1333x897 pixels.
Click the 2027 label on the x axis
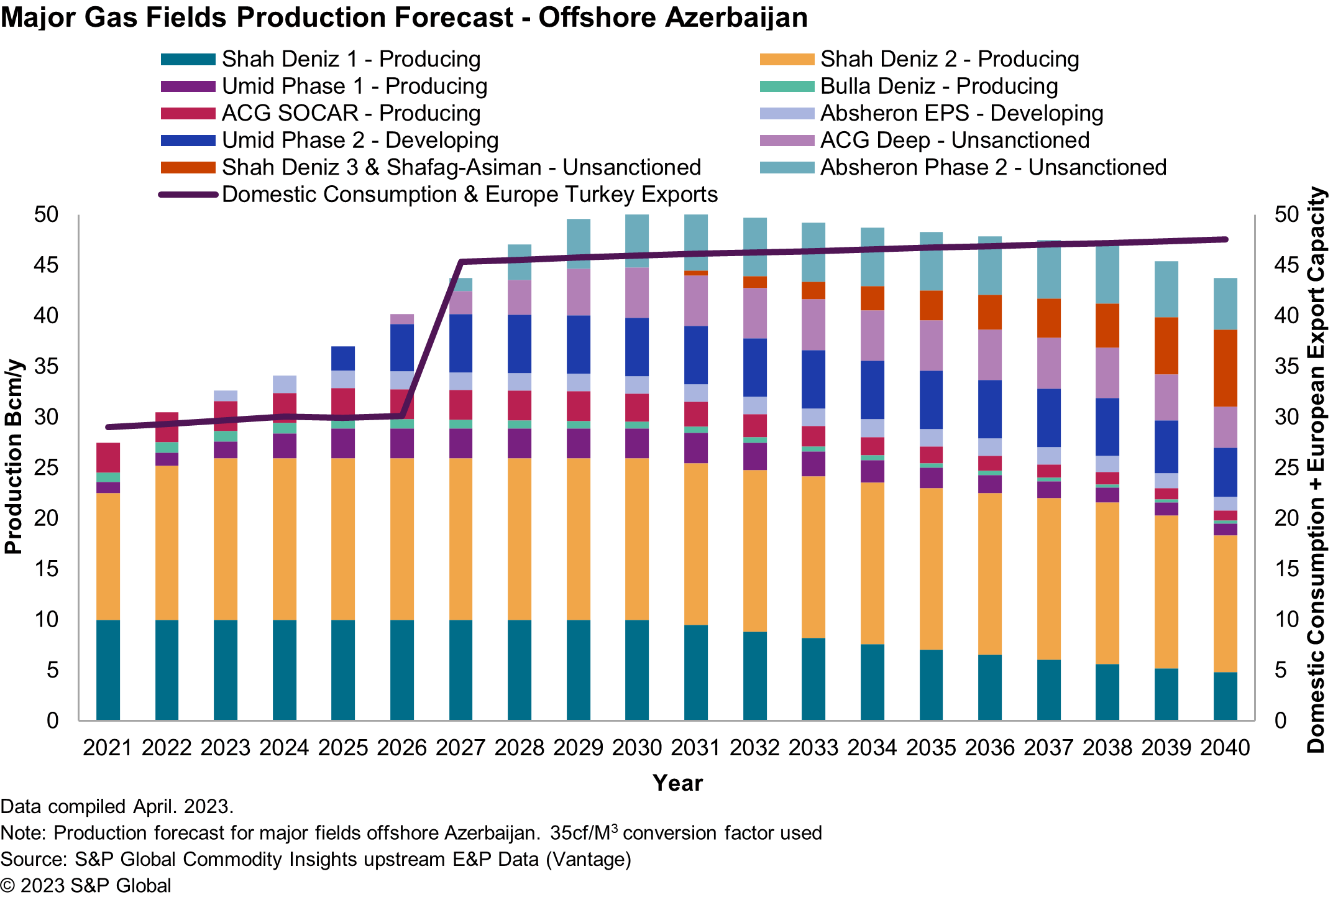coord(460,747)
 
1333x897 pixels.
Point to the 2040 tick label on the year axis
coord(1225,747)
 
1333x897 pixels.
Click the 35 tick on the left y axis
coord(47,366)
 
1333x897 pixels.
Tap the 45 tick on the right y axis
coord(1286,265)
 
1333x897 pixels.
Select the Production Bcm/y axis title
coord(14,457)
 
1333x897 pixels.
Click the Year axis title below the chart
coord(677,783)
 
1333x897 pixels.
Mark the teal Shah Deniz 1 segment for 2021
coord(108,669)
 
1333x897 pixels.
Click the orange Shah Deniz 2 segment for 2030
coord(637,539)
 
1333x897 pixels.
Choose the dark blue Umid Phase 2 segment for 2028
coord(520,344)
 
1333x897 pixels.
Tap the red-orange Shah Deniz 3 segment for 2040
coord(1225,368)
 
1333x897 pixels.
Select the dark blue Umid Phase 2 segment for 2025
coord(343,358)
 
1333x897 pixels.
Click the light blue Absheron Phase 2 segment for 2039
coord(1166,289)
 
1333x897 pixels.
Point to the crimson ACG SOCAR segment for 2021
coord(108,458)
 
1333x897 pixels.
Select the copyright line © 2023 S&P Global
coord(86,885)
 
